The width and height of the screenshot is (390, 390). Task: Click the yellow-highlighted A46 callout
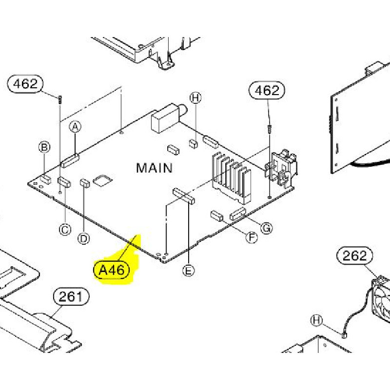click(112, 270)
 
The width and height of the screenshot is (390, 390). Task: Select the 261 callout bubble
click(71, 296)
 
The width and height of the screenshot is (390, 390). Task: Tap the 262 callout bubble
click(354, 256)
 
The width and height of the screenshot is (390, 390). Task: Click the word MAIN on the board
click(154, 168)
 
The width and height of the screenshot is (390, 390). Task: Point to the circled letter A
click(75, 127)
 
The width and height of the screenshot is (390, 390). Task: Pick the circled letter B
click(44, 147)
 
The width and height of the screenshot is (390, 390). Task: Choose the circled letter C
click(65, 229)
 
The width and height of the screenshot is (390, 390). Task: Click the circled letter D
click(84, 238)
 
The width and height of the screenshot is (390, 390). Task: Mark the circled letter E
click(189, 270)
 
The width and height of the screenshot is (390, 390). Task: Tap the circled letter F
click(252, 237)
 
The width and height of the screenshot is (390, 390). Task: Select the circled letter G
click(267, 228)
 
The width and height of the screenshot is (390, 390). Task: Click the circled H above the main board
click(195, 98)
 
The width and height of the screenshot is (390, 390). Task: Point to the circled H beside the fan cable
click(317, 320)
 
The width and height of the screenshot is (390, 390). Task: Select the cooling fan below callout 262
click(381, 300)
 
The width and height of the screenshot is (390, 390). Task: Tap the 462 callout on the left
click(25, 84)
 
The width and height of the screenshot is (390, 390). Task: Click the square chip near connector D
click(103, 180)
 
